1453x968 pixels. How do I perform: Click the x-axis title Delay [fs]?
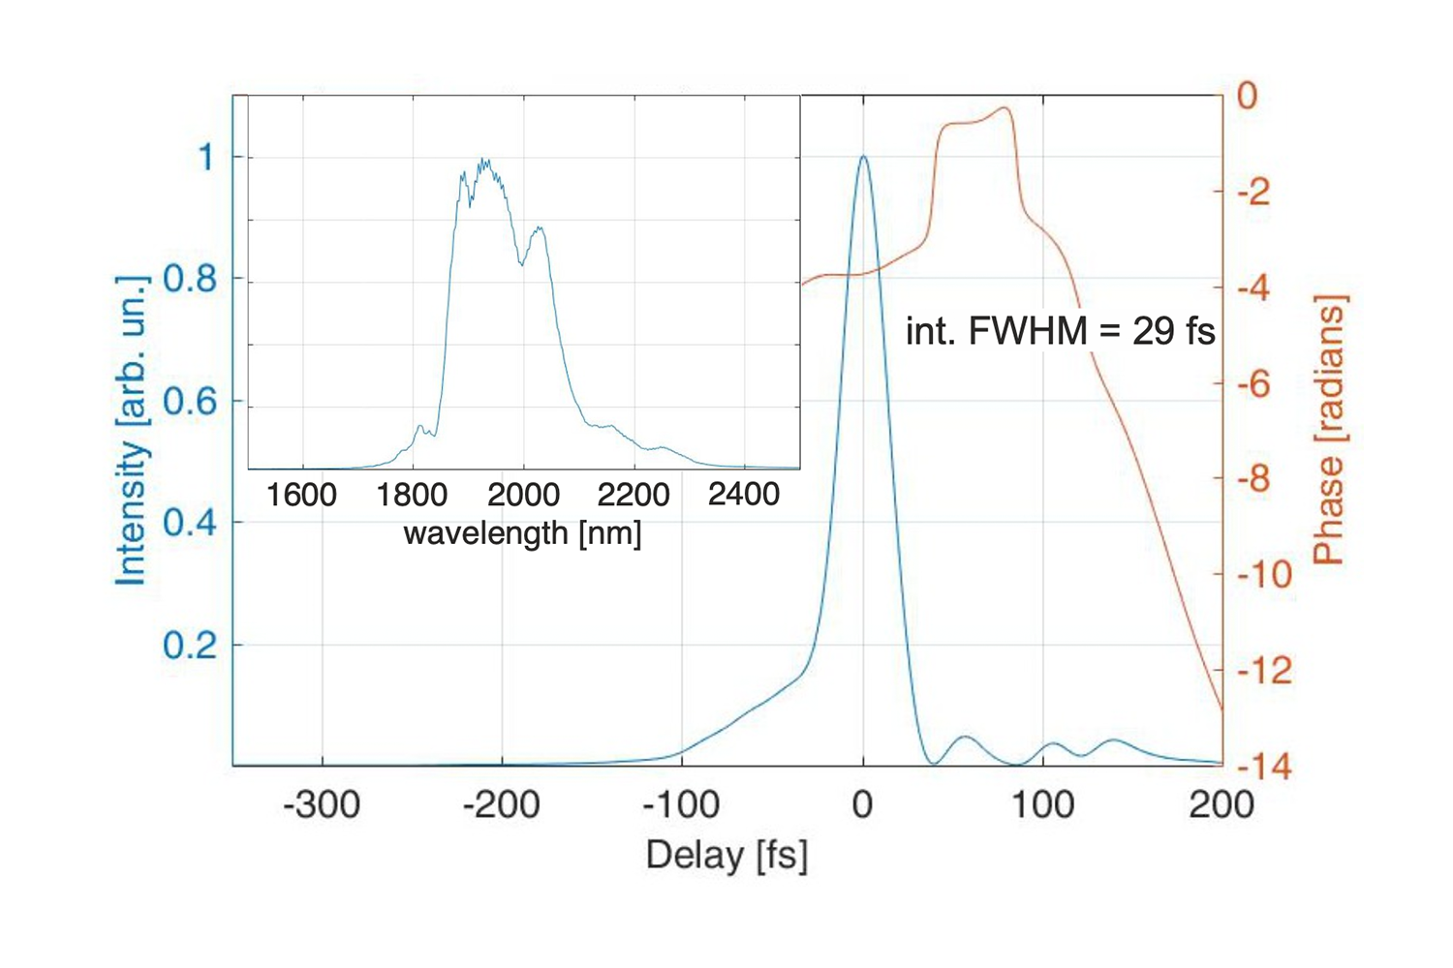point(726,856)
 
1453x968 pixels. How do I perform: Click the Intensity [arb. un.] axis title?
point(133,431)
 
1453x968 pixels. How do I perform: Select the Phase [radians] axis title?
point(1329,431)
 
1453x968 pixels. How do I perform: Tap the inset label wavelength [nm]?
point(522,533)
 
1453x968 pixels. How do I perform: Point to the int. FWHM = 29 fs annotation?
point(1060,332)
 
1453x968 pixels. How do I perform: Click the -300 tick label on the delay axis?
point(322,804)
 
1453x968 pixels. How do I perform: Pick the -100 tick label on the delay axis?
point(681,804)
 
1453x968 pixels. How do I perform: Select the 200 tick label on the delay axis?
point(1221,804)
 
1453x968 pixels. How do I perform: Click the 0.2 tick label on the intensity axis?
point(190,645)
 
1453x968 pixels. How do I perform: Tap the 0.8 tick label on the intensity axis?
point(190,280)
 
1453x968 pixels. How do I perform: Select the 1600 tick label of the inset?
point(301,496)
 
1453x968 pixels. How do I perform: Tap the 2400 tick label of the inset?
point(744,496)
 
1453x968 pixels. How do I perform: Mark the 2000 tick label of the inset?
point(523,496)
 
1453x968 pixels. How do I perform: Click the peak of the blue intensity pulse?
point(862,157)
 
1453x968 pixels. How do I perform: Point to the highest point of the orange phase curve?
point(1005,108)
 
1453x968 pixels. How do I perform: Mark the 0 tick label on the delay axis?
point(862,804)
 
